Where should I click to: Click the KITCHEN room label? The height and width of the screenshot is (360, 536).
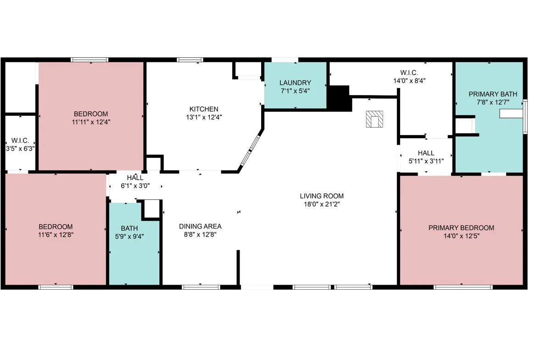[x=204, y=109]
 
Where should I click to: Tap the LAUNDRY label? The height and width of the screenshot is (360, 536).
[x=296, y=83]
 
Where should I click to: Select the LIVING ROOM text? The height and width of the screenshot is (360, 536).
[x=322, y=196]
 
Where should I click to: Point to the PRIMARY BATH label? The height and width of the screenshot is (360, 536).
[x=492, y=94]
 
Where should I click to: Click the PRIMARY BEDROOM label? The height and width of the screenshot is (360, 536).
[x=461, y=228]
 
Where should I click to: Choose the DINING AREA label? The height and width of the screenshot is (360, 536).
[x=201, y=226]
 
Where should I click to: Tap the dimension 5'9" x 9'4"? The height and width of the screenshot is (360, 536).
[x=129, y=236]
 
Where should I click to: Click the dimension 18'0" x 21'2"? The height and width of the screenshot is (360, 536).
[x=322, y=204]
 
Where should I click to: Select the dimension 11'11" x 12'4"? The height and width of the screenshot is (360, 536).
[x=91, y=122]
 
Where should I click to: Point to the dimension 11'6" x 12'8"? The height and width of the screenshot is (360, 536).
[x=56, y=235]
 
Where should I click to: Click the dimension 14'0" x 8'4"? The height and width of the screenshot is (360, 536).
[x=409, y=81]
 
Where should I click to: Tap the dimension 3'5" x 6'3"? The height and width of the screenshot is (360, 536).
[x=20, y=148]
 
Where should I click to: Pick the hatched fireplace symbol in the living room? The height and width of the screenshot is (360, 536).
[x=374, y=119]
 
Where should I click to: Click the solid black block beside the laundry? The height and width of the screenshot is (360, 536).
[x=339, y=98]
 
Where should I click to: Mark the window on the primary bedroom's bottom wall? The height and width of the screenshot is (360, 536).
[x=463, y=287]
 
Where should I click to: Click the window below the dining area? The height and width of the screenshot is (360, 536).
[x=201, y=287]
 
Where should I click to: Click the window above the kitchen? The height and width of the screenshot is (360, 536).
[x=190, y=60]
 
